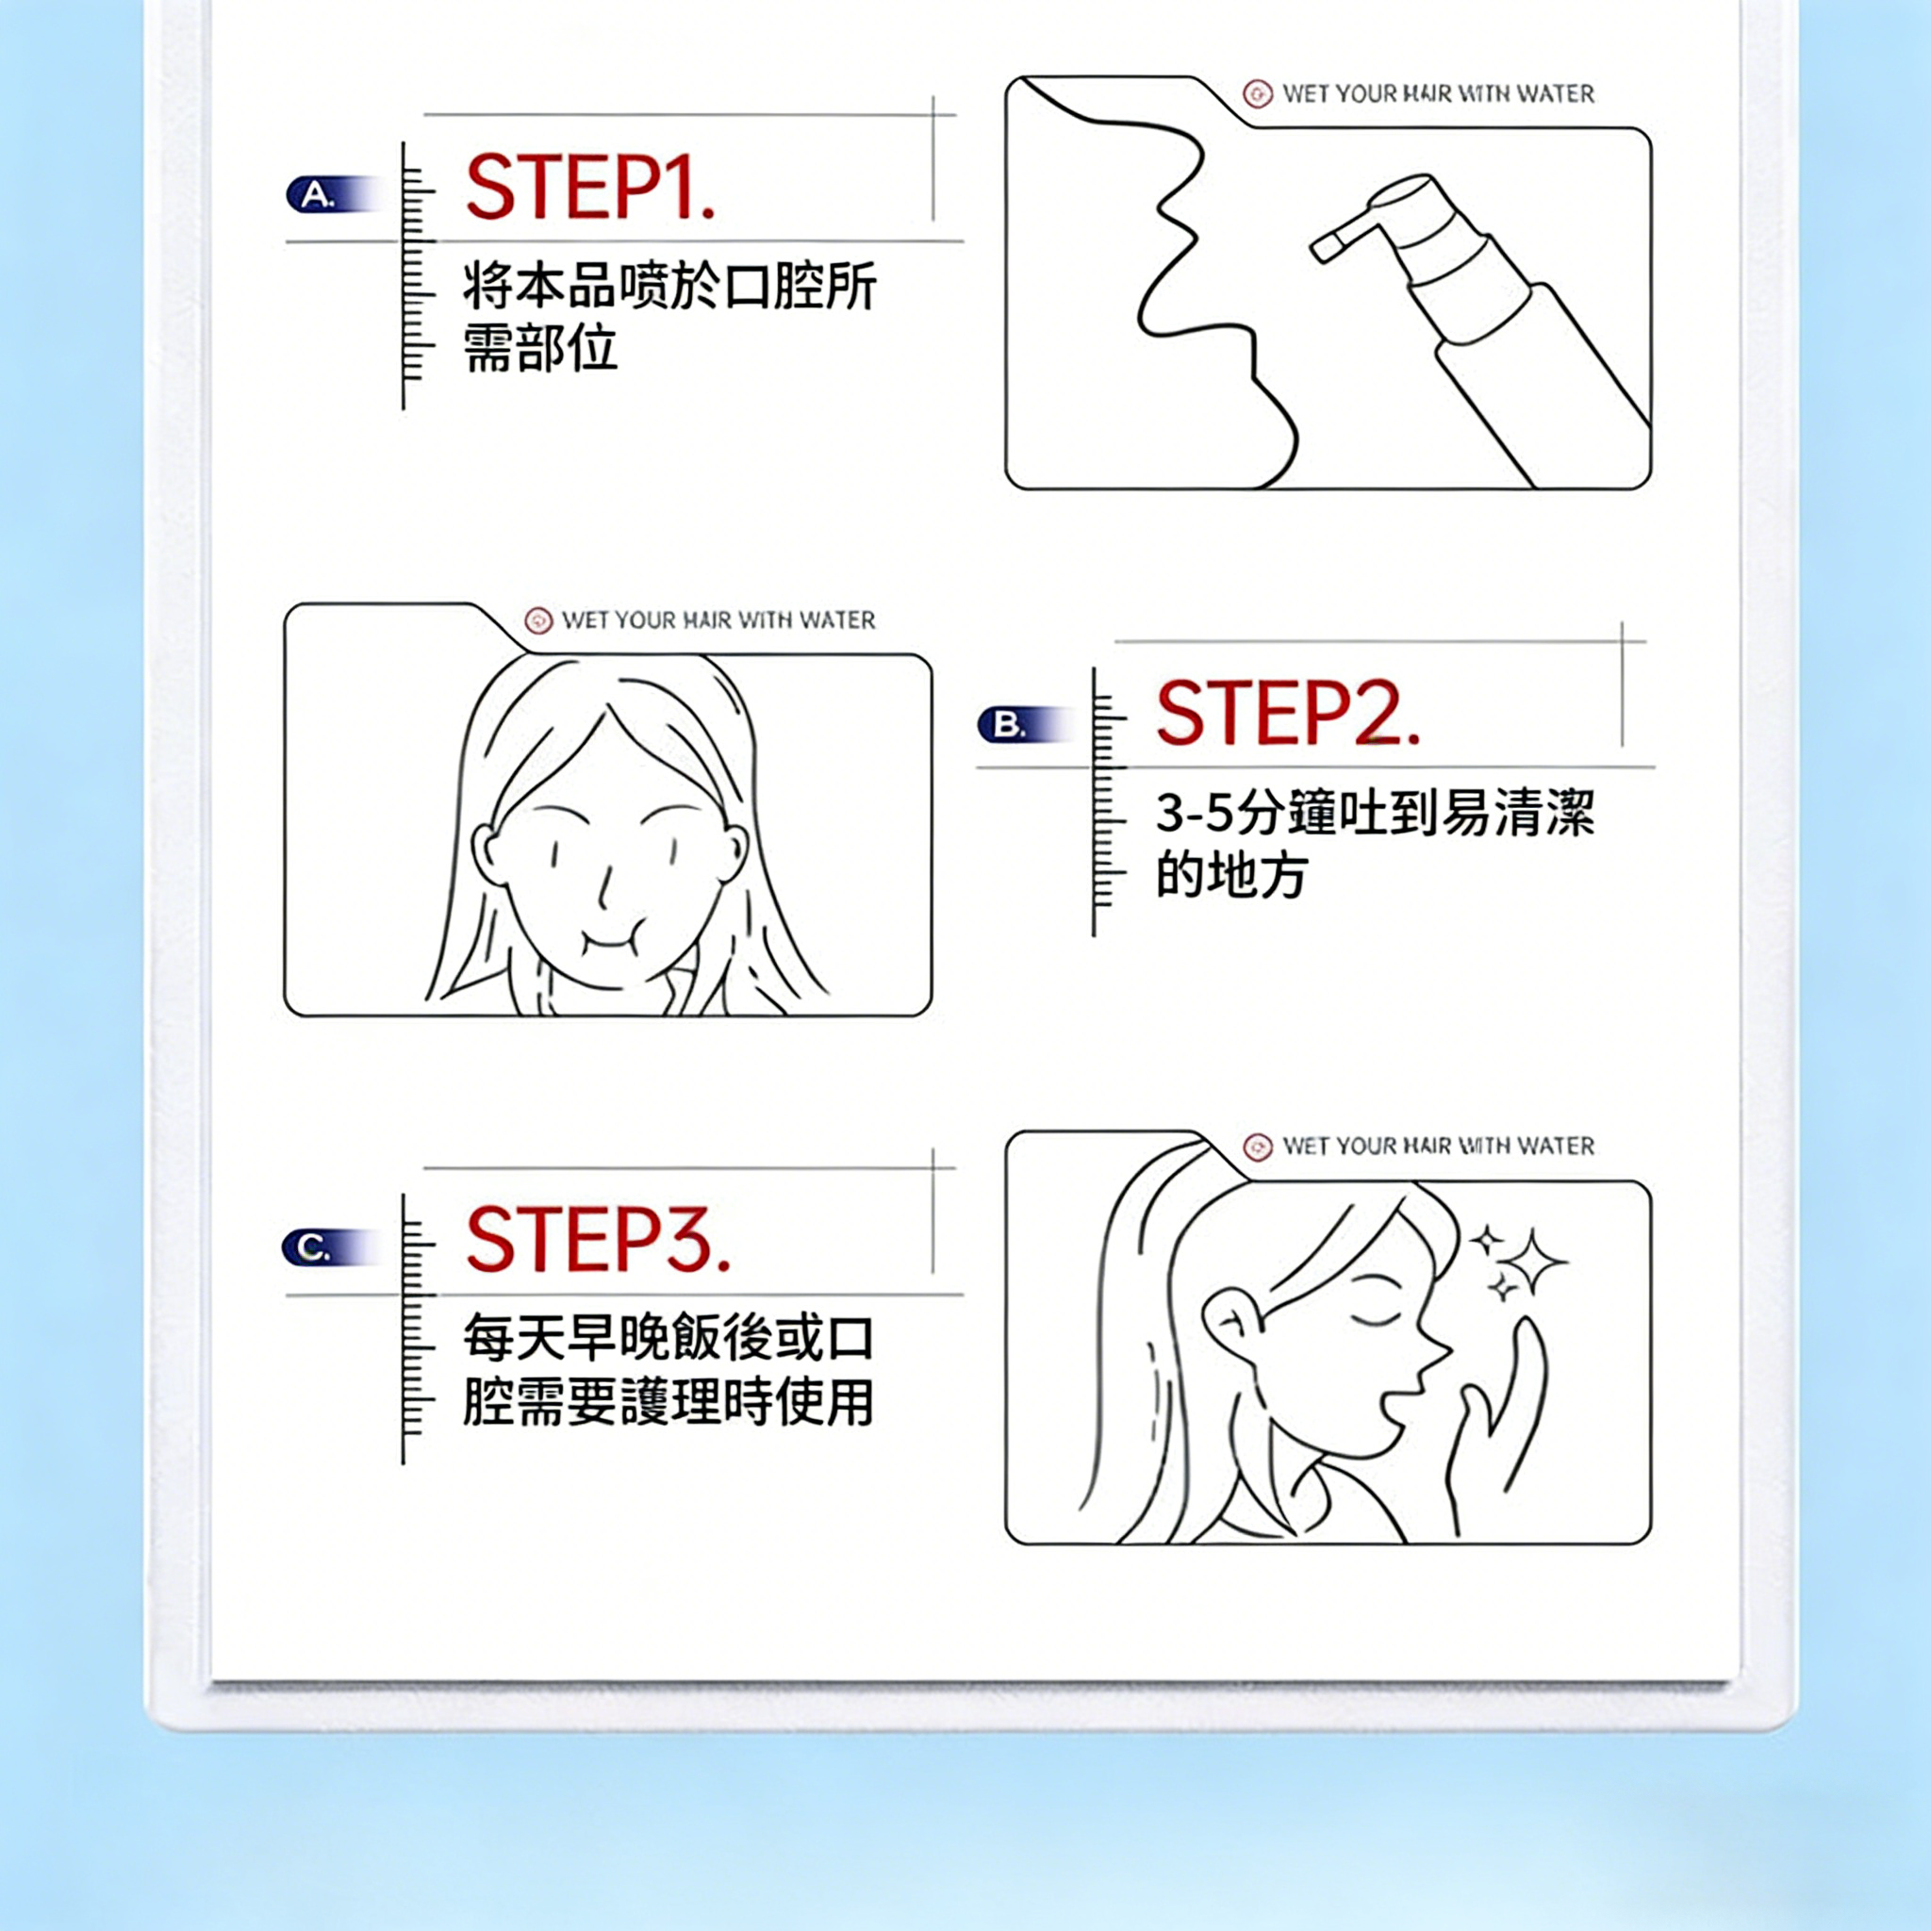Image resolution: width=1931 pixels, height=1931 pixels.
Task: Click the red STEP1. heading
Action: coord(590,187)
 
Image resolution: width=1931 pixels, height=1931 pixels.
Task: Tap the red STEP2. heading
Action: coord(1287,713)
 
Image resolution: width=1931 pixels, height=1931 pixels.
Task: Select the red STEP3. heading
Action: coord(598,1239)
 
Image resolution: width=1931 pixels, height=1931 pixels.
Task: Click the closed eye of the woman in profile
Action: coord(1375,1317)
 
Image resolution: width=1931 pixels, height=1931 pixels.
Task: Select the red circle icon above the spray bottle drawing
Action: coord(1258,94)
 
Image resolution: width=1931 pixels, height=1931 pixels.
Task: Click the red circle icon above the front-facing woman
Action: coord(538,620)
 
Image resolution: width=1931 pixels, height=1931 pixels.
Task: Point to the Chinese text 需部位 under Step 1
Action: coord(539,348)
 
